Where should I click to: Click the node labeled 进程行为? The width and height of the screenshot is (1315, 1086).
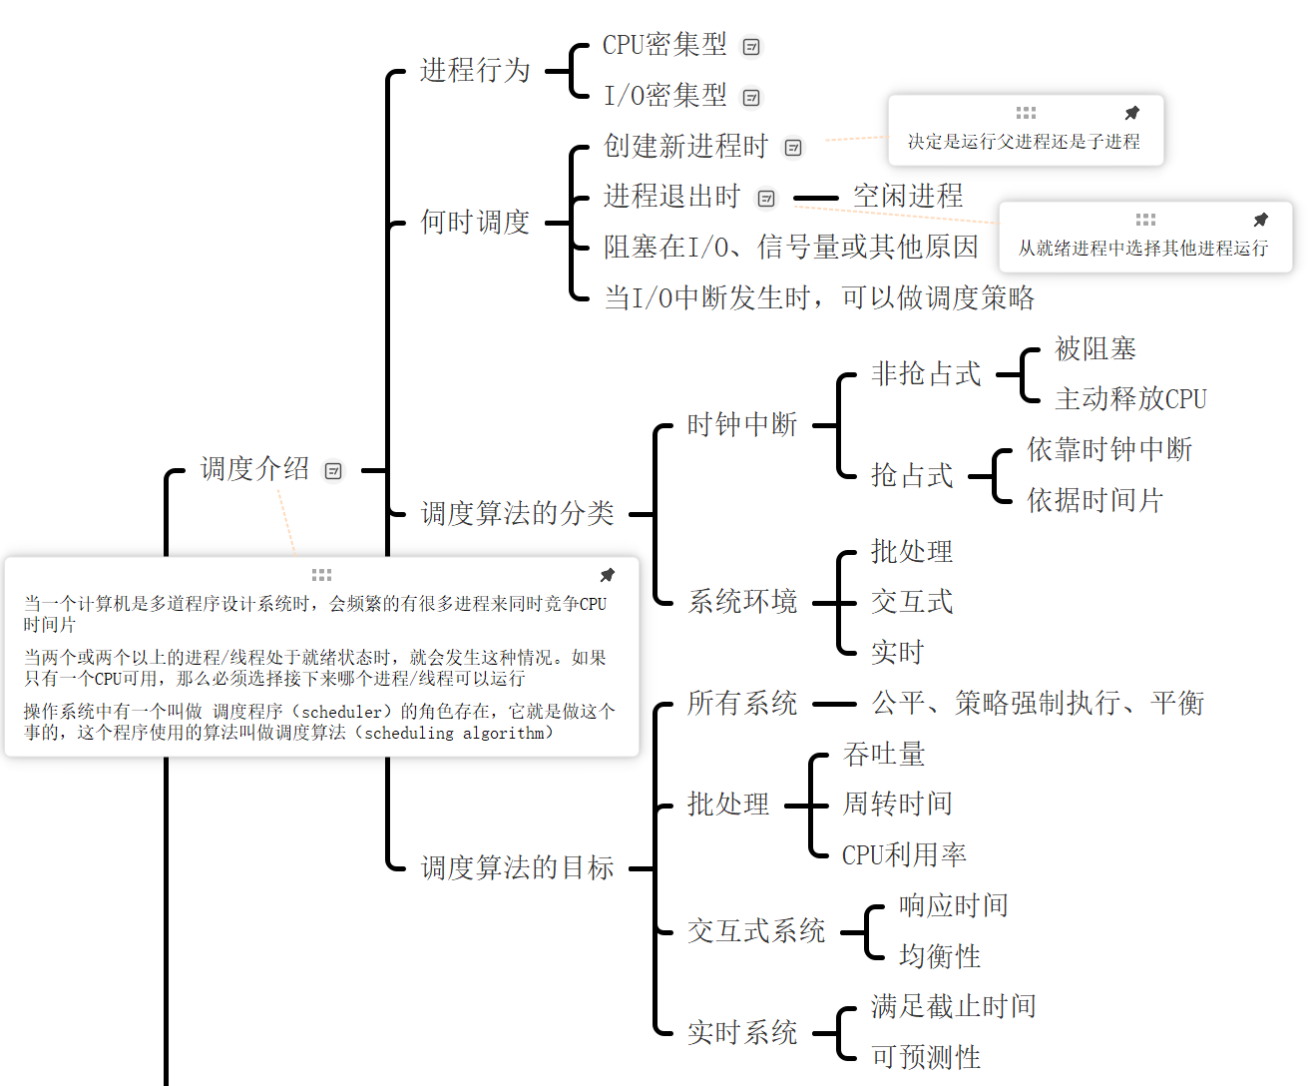[475, 71]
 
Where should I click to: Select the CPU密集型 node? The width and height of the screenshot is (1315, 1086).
[664, 45]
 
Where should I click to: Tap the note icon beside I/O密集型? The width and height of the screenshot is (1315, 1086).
[751, 98]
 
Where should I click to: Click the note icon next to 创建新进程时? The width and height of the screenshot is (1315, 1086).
[793, 148]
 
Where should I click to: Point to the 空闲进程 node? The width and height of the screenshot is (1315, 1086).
[908, 197]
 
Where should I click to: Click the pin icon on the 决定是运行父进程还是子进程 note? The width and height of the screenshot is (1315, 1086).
[1131, 113]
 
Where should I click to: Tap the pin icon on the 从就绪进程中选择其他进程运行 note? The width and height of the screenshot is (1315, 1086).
[1260, 220]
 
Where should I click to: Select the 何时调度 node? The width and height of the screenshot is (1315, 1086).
[475, 223]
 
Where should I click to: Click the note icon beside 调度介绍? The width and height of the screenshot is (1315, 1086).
[333, 471]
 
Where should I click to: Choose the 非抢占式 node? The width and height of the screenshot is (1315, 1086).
[926, 374]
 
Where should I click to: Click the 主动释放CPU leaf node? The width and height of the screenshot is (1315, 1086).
[1130, 399]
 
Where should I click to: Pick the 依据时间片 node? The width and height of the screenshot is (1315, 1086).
[1096, 501]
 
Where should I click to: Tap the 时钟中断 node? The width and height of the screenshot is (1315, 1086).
[742, 425]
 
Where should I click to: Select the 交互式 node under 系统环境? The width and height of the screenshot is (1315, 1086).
[912, 602]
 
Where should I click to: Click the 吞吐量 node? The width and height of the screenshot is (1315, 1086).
[884, 755]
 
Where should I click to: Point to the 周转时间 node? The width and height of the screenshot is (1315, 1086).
[898, 805]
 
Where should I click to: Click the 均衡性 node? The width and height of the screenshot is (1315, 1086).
[940, 957]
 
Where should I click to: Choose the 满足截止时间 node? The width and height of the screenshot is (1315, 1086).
[954, 1007]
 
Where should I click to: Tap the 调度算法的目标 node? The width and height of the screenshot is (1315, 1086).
[517, 868]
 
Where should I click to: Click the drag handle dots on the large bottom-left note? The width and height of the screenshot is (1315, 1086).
[321, 575]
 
